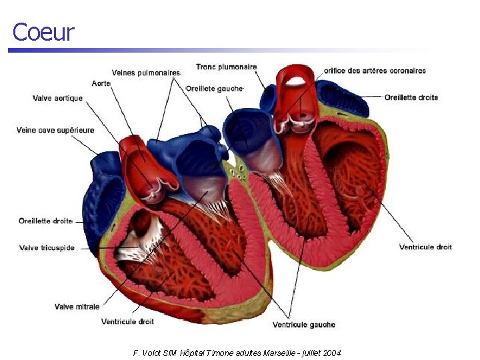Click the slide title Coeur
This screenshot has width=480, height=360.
coord(43,32)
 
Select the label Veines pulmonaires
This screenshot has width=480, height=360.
coord(146,73)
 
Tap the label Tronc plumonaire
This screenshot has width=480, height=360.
coord(226,67)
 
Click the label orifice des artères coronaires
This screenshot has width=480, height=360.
coord(375,71)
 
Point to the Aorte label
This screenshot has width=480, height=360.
coord(101,83)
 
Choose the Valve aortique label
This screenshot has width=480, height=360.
coord(58,98)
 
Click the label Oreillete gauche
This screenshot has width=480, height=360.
coord(215,88)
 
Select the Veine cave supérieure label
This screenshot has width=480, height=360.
coord(55,130)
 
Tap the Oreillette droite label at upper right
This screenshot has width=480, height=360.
coord(411,97)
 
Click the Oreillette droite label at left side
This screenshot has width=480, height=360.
coord(45,221)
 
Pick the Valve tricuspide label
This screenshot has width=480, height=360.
coord(47,248)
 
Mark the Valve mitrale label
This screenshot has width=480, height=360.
coord(77,307)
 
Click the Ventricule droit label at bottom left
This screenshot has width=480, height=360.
coord(127,321)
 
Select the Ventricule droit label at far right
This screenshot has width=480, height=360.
coord(425,247)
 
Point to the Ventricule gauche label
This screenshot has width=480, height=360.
coord(303,325)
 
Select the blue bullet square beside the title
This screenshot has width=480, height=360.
coord(11,51)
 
